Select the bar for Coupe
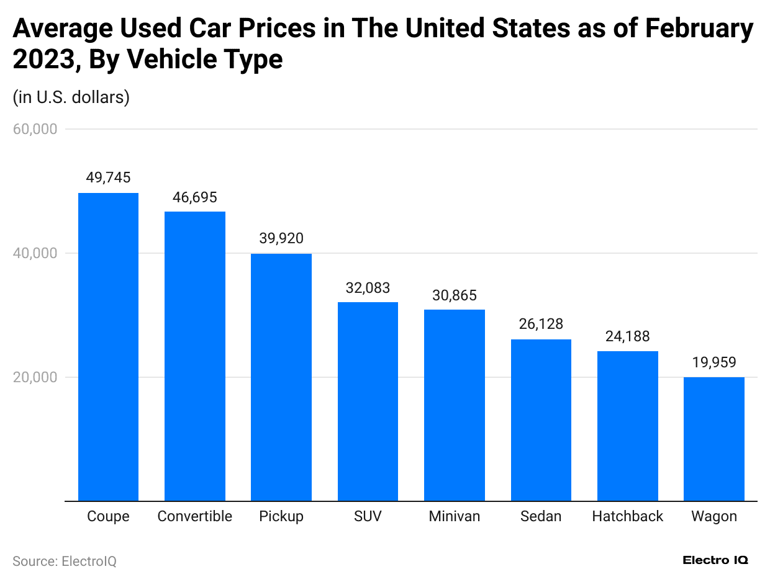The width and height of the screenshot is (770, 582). pos(108,347)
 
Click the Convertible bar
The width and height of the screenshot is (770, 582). pos(194,356)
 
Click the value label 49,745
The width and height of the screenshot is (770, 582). pos(108,178)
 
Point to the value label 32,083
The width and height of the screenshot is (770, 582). pos(368,288)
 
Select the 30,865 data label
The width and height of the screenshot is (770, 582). pos(455,295)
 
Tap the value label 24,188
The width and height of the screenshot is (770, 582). pos(627,336)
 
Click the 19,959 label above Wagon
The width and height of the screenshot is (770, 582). pos(714,362)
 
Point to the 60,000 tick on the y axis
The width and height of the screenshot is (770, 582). pos(35,129)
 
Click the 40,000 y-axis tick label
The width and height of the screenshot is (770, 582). pos(35,253)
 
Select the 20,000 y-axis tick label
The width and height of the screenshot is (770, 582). pos(35,377)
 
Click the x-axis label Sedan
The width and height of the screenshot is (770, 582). pos(541,516)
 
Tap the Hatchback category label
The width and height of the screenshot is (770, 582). pos(627,516)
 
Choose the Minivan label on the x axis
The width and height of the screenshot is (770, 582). pos(455,516)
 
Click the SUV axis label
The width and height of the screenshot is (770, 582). pos(368,516)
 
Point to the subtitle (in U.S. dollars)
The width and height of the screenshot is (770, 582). pos(71,97)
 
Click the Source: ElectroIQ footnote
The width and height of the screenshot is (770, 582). pos(65,561)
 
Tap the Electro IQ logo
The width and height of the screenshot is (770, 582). pos(715,560)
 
